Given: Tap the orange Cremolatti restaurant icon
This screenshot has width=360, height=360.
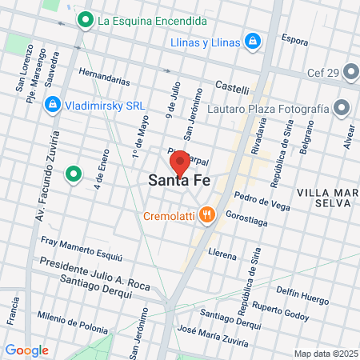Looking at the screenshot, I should tap(208, 214).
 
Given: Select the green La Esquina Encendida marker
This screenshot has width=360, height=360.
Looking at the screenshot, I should tap(84, 19).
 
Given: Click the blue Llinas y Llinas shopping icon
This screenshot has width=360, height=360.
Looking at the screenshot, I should tap(253, 39).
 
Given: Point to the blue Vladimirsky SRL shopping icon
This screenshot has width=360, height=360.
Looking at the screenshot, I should tap(52, 103).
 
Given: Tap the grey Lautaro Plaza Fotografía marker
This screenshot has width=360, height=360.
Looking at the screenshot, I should tap(342, 107).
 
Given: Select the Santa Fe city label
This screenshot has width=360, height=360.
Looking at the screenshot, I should tap(180, 182).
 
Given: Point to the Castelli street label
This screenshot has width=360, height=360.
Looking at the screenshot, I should tap(232, 85).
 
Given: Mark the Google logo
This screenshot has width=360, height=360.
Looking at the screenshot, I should tap(26, 350).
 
